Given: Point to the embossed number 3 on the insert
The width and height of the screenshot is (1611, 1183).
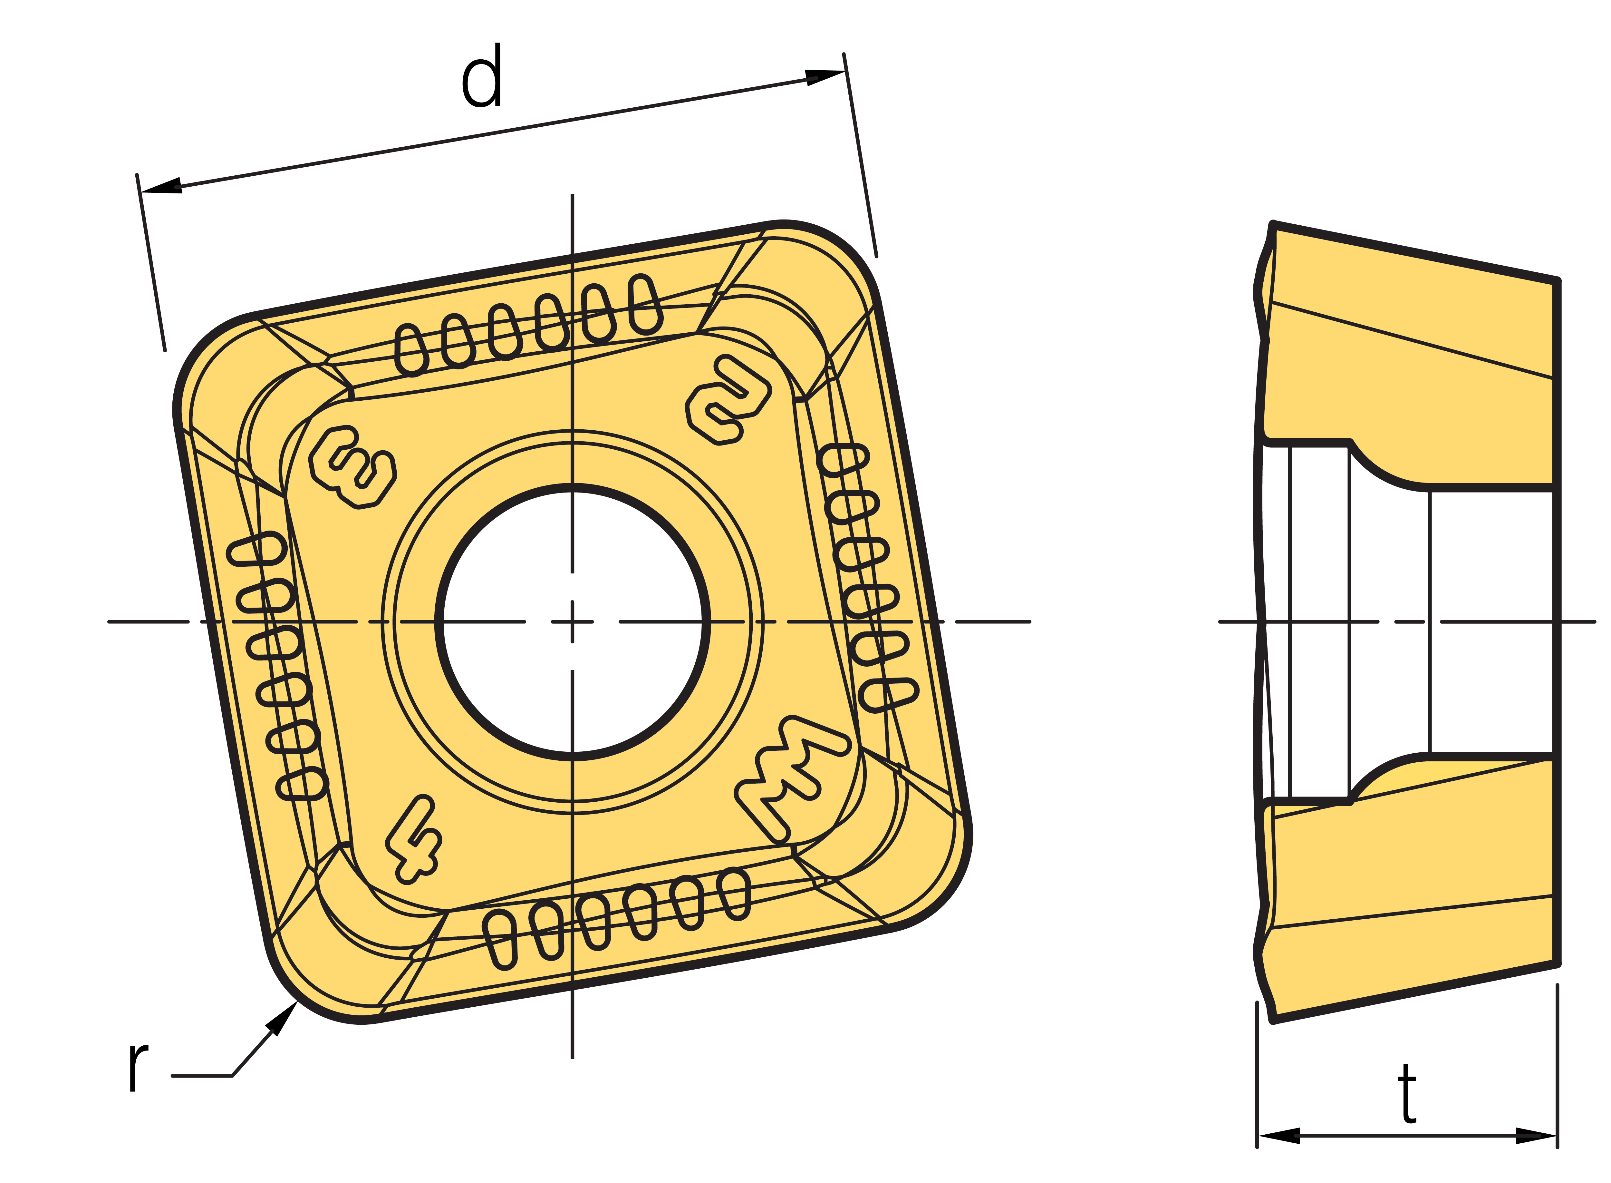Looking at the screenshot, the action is point(352,467).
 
